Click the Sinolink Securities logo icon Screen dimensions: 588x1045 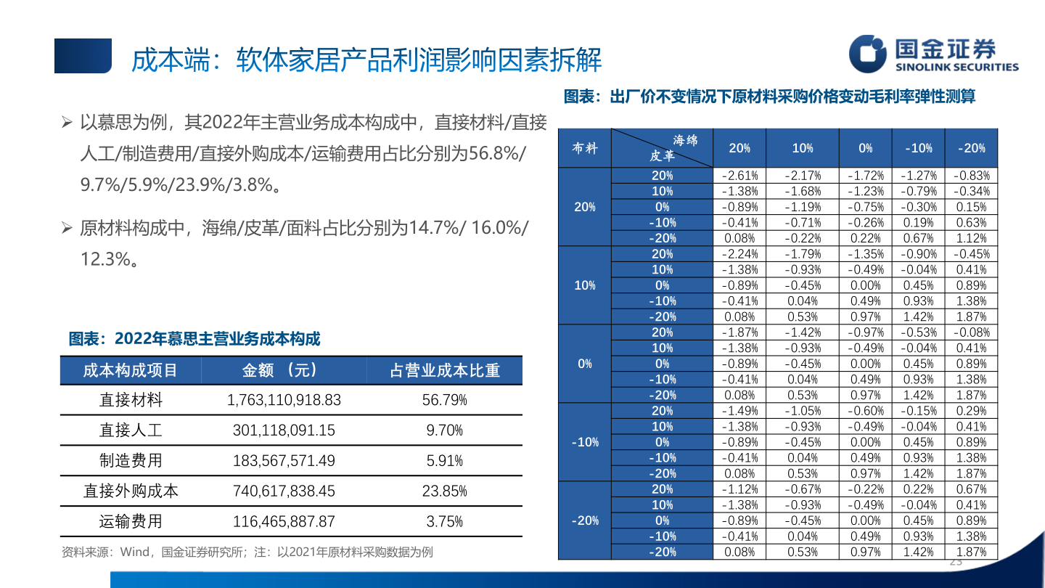click(869, 54)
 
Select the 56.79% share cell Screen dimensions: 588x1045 click(444, 400)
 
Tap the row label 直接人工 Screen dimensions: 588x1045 click(131, 430)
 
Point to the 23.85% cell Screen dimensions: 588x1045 click(444, 491)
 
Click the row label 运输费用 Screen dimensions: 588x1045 click(131, 521)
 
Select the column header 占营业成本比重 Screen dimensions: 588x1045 click(445, 370)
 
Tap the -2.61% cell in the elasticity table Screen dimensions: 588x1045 click(740, 176)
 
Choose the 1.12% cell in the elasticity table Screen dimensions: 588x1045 click(972, 238)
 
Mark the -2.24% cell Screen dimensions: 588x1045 click(740, 254)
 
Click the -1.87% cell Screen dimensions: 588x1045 click(740, 332)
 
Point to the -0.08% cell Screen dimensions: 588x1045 click(972, 332)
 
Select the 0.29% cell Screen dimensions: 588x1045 click(972, 411)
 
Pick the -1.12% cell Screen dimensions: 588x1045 click(740, 489)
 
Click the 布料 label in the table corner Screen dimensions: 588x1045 click(585, 148)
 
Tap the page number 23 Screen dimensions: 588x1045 click(955, 563)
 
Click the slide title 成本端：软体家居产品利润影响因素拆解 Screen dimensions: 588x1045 click(366, 60)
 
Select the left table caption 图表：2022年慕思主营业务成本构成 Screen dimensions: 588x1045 click(194, 339)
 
